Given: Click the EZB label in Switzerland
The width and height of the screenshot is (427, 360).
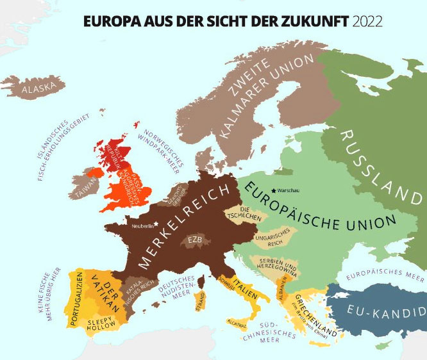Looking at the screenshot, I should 194,241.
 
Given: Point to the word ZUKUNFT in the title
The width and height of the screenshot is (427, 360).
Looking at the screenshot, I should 314,21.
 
